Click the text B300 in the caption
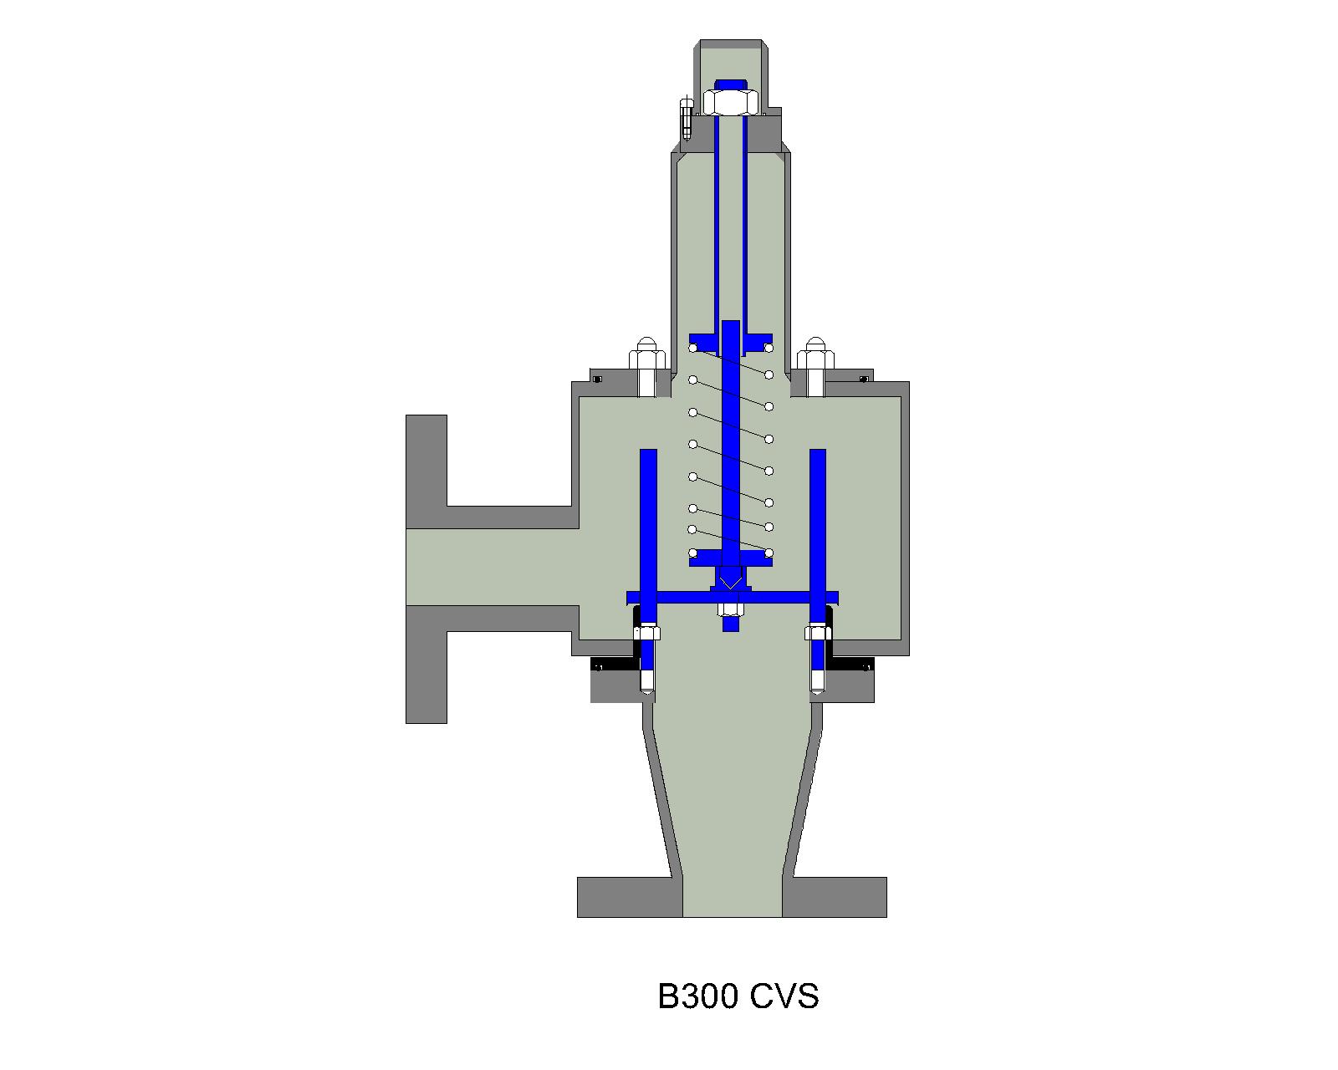pos(697,996)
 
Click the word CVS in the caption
pos(784,996)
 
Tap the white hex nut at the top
pos(731,102)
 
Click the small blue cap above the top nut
pos(731,84)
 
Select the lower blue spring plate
pos(731,558)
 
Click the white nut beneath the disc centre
pos(731,610)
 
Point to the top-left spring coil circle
pos(693,348)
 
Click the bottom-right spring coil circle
pos(769,553)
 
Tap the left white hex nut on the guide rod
pos(647,633)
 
